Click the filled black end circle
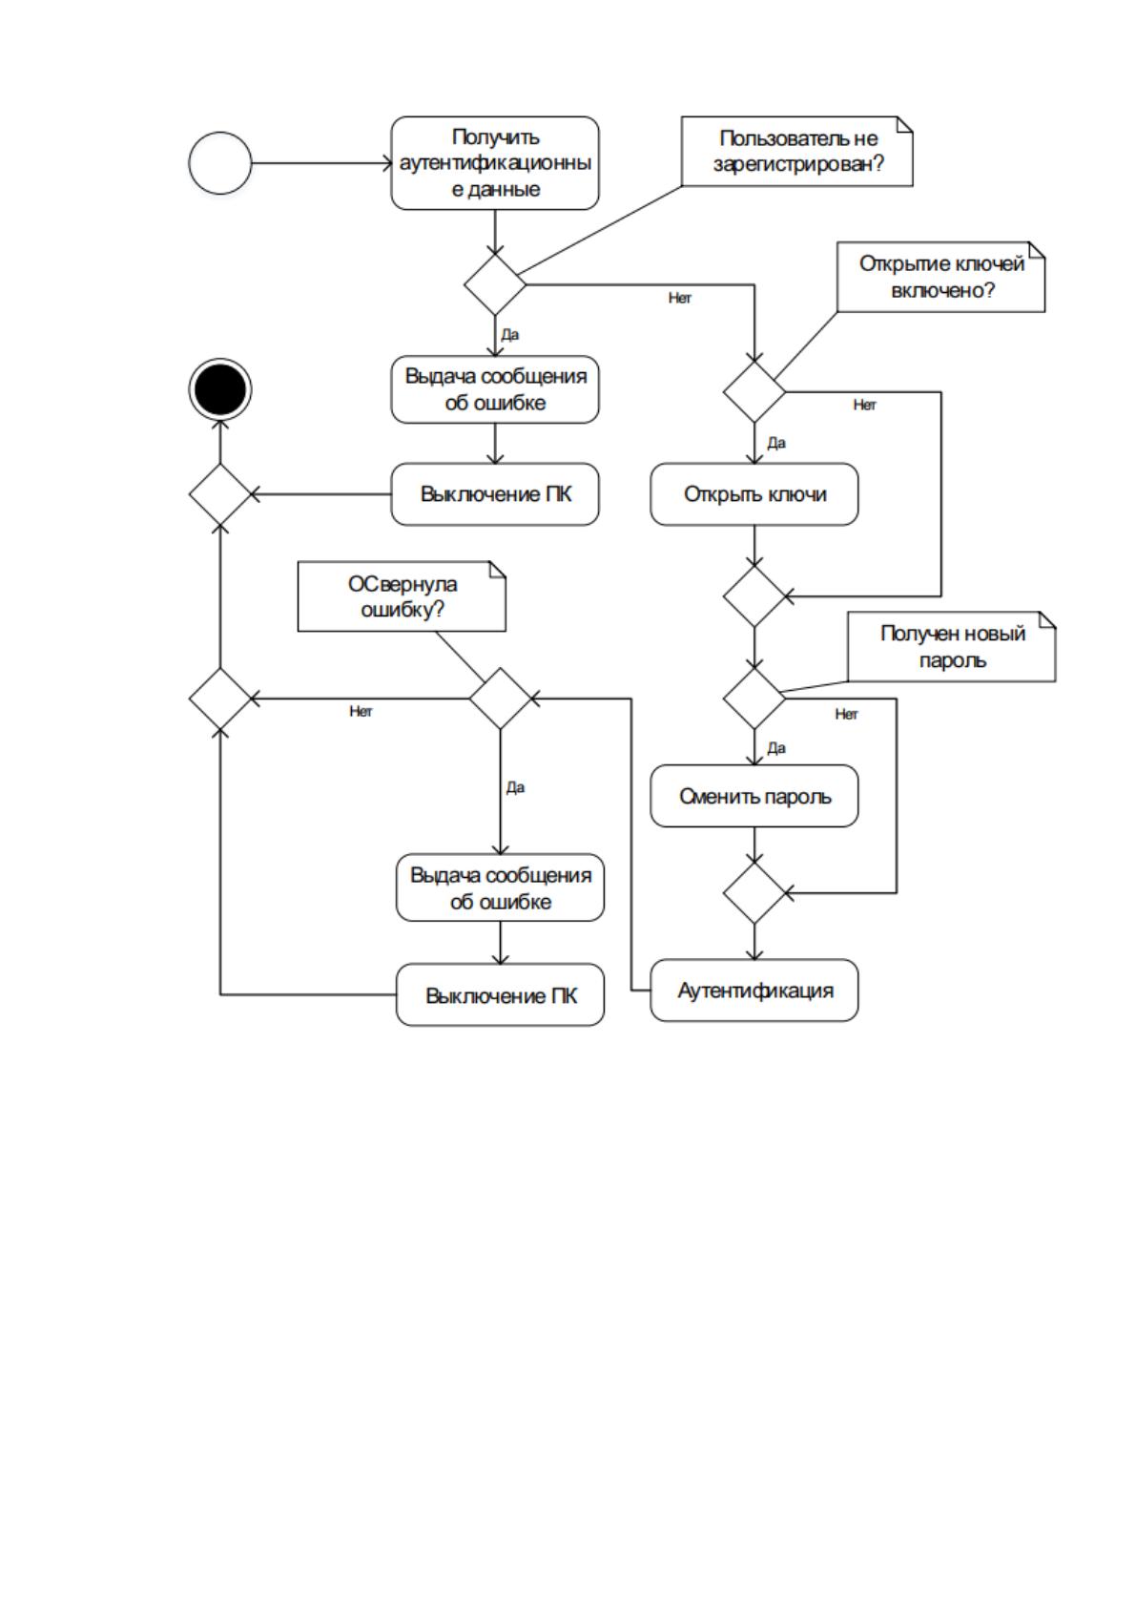point(219,388)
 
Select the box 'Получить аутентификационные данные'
point(495,163)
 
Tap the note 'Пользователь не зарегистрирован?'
point(796,152)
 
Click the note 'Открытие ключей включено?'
point(940,277)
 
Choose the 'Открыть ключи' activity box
point(754,494)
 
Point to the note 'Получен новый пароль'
point(952,646)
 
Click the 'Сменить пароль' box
point(754,796)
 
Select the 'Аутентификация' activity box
point(754,990)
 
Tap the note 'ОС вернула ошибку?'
point(402,596)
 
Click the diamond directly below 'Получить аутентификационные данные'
point(495,284)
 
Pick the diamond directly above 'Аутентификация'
point(754,892)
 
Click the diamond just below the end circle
point(219,494)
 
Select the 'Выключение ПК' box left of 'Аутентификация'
point(500,994)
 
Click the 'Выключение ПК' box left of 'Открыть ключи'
point(495,494)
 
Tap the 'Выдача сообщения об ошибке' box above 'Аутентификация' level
point(500,887)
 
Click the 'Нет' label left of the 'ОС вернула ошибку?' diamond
point(361,711)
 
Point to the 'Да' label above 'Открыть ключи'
point(776,443)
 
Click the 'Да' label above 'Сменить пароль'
point(776,747)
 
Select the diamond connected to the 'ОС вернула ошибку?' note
point(500,698)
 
